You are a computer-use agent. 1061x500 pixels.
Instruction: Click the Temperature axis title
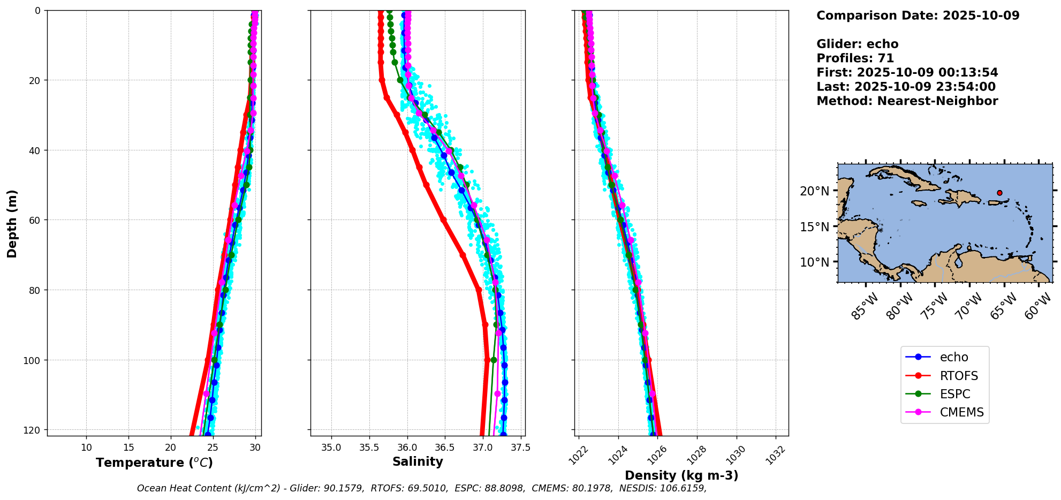coord(154,463)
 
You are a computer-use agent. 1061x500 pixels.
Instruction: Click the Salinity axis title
coord(418,461)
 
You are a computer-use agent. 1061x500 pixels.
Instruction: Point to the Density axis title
coord(681,475)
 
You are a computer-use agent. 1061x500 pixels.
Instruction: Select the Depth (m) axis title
coord(12,223)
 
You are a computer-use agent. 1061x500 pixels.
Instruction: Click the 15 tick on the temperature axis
coord(128,448)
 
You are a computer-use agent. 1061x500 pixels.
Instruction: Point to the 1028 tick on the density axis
coord(696,455)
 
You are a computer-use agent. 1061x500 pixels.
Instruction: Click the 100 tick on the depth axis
coord(33,360)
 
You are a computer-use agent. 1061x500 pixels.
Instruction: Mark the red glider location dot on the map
coord(999,193)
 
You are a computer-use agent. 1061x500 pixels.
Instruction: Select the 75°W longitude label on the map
coord(937,306)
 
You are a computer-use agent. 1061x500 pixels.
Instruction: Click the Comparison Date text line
coord(918,16)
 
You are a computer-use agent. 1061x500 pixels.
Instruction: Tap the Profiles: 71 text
coord(855,58)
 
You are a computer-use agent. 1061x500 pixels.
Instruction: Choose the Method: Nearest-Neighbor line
coord(907,101)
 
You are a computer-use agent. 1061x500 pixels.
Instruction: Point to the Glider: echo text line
coord(857,44)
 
